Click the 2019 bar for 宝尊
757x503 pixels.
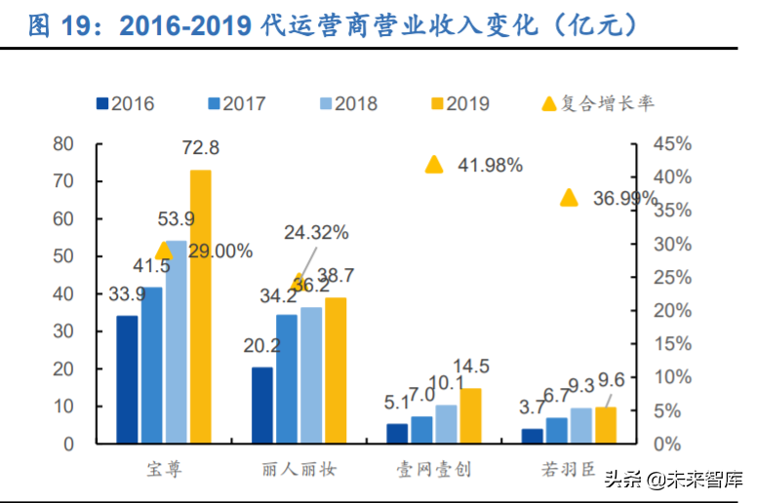click(x=200, y=306)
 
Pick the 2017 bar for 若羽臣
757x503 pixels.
click(x=555, y=430)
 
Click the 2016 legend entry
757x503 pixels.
click(x=125, y=102)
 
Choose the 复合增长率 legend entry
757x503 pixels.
click(x=597, y=102)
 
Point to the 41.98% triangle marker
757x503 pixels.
click(x=434, y=164)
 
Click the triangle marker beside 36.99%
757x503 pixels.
click(x=569, y=198)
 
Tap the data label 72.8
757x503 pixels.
click(x=200, y=148)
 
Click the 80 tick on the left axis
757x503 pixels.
click(x=63, y=144)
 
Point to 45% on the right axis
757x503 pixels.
click(x=672, y=144)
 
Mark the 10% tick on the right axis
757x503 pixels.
click(x=672, y=376)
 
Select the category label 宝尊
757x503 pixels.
click(x=162, y=470)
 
